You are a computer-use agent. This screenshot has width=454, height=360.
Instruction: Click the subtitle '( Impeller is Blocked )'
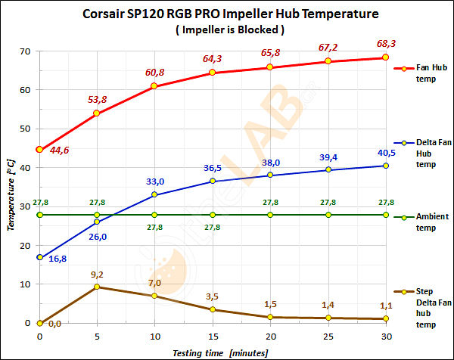coord(228,31)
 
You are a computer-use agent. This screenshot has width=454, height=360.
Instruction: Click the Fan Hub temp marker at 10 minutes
coord(154,86)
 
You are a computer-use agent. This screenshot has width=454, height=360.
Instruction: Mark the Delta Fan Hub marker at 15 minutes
coord(212,181)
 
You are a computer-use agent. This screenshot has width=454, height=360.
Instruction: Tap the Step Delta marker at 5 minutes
coord(97,287)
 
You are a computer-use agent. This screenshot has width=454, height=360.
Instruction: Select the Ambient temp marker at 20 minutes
coord(270,215)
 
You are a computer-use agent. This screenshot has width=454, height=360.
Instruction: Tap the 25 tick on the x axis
coord(328,335)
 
